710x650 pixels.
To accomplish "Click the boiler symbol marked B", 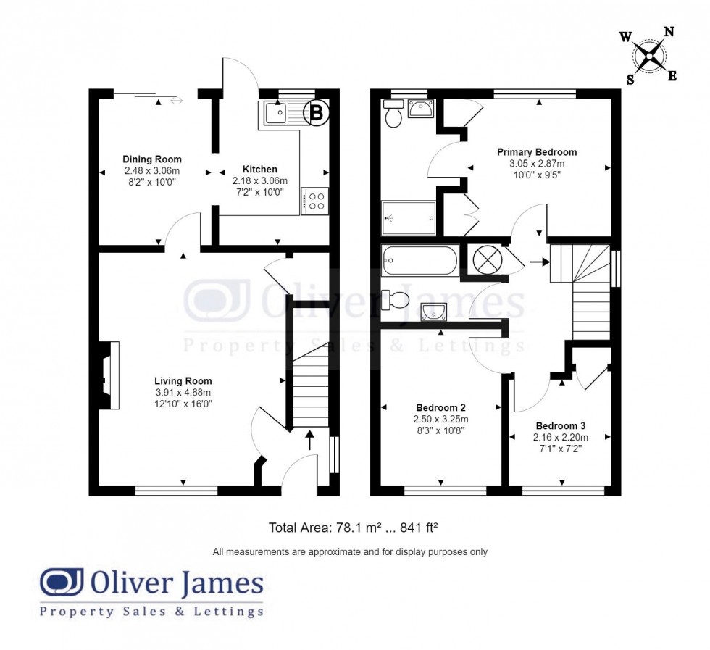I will pyautogui.click(x=317, y=112).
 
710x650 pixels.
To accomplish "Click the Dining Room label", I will pyautogui.click(x=152, y=159).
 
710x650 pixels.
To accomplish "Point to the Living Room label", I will pyautogui.click(x=183, y=380).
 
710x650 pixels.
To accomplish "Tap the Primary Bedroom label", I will pyautogui.click(x=536, y=152).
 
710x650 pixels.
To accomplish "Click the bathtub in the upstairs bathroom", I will pyautogui.click(x=420, y=259).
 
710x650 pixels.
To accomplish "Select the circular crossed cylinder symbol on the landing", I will pyautogui.click(x=487, y=259).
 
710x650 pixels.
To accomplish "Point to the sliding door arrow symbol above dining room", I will pyautogui.click(x=176, y=101).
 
